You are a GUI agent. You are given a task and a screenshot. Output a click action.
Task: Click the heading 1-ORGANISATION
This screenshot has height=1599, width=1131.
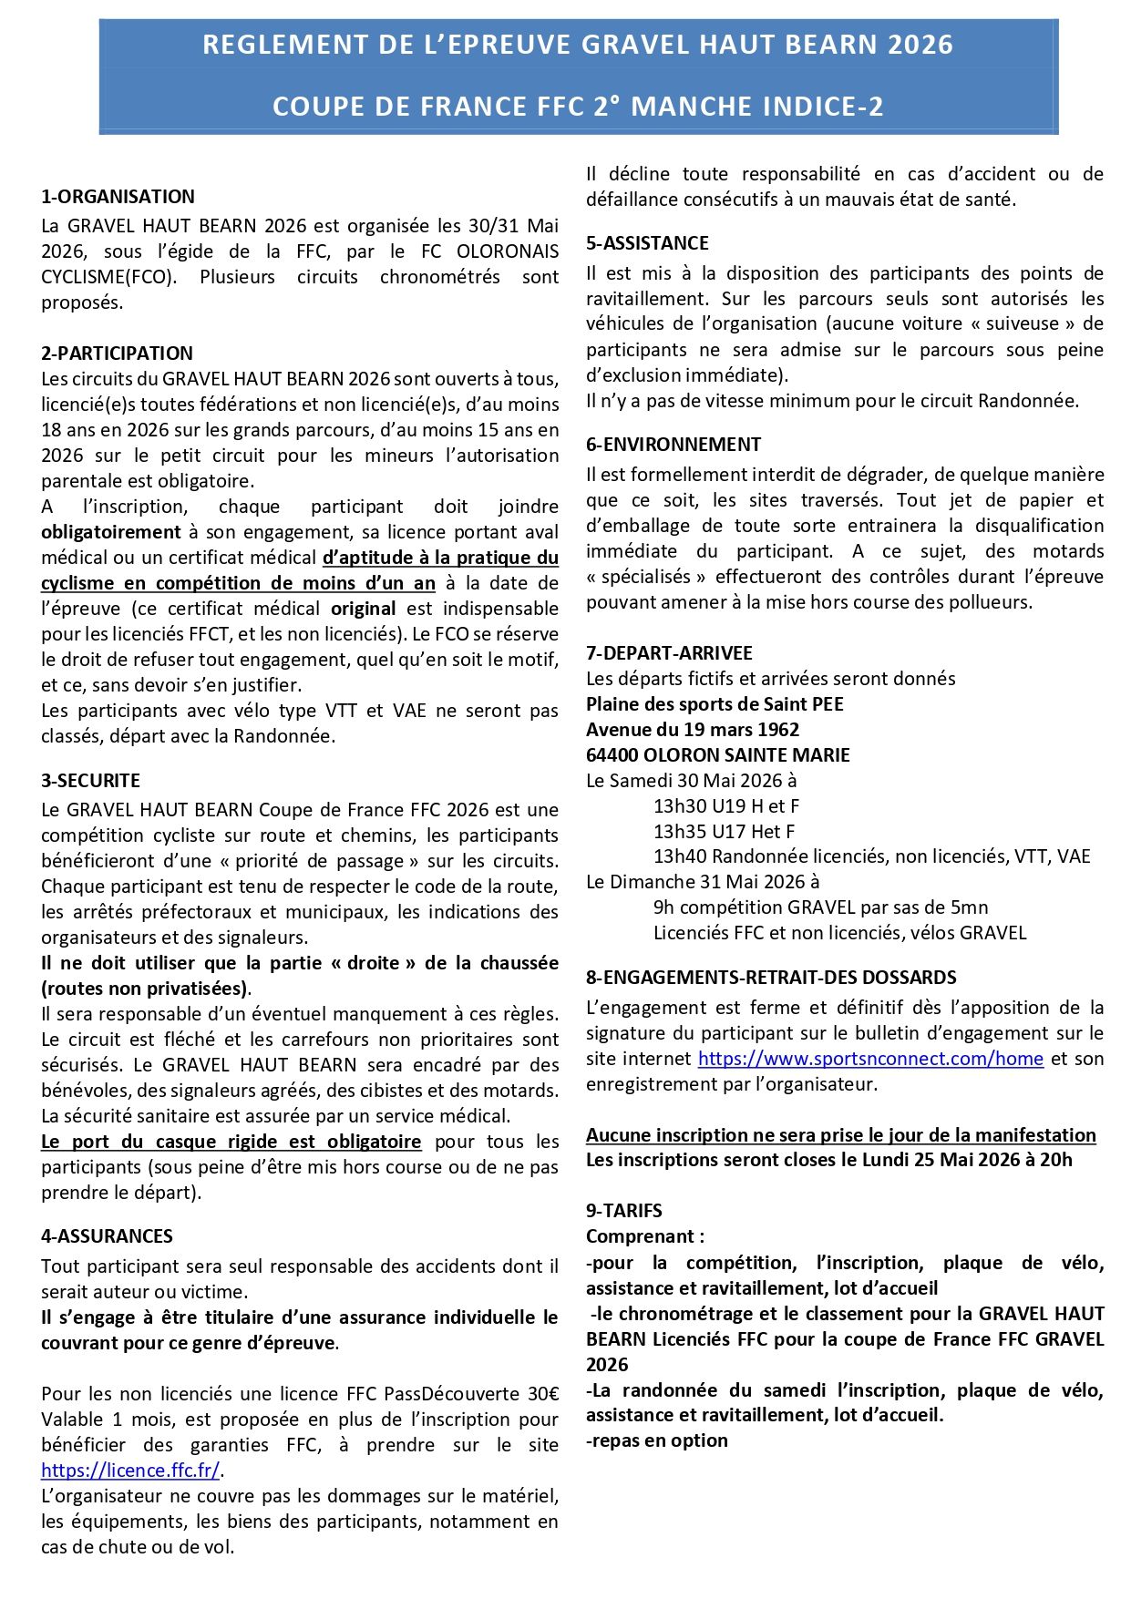click(x=118, y=197)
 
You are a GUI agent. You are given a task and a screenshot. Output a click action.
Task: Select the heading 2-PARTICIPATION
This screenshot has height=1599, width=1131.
click(x=117, y=354)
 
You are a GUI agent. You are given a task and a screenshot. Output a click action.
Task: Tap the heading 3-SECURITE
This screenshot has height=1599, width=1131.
click(x=90, y=781)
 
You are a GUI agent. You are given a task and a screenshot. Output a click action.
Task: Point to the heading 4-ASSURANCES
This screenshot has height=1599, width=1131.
click(x=107, y=1236)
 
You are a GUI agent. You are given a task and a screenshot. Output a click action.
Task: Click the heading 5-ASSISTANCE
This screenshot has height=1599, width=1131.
click(x=647, y=243)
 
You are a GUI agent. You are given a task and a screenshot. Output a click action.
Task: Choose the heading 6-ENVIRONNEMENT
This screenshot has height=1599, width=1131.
click(x=673, y=445)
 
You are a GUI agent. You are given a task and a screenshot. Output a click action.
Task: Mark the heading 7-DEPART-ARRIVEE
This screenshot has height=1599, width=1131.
click(x=669, y=653)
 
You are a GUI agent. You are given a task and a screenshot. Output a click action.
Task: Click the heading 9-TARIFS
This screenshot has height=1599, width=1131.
click(x=624, y=1211)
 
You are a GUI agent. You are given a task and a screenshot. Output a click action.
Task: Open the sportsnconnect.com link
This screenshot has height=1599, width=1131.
click(x=870, y=1059)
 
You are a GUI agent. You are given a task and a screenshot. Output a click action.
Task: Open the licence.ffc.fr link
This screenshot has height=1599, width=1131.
click(x=130, y=1471)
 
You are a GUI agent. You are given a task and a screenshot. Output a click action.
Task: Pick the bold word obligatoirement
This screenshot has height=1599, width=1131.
click(x=111, y=532)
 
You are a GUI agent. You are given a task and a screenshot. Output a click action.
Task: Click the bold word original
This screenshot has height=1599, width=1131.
click(x=363, y=609)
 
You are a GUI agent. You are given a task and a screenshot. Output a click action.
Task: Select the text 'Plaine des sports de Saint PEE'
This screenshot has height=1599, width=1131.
click(x=715, y=704)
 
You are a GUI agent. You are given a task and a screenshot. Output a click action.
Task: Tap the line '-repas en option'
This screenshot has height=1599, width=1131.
click(x=657, y=1440)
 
